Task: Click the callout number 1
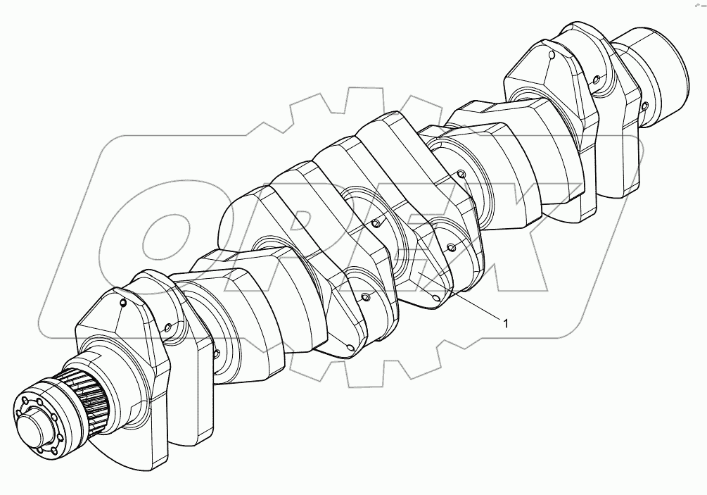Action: point(504,322)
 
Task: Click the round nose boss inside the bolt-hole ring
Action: point(34,427)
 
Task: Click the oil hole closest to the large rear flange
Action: point(644,107)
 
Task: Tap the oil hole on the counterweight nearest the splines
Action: point(124,303)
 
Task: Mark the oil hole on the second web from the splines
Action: point(169,327)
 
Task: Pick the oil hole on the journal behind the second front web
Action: point(217,352)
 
